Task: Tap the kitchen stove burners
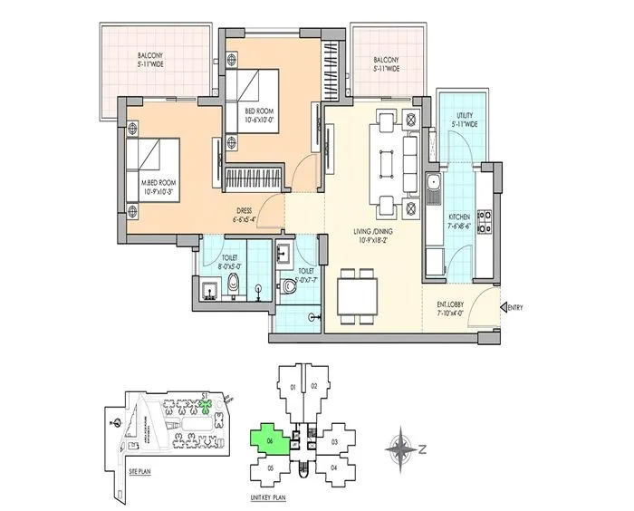pos(485,220)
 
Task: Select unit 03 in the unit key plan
pos(334,441)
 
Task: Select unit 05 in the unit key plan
pos(271,467)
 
